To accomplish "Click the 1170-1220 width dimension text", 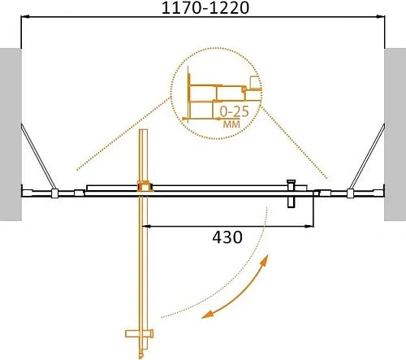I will [x=203, y=10].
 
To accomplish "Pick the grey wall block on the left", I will [x=9, y=134].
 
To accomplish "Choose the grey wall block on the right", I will [x=395, y=134].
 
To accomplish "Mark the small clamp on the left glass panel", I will [x=54, y=194].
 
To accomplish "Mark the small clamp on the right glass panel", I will [x=350, y=194].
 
